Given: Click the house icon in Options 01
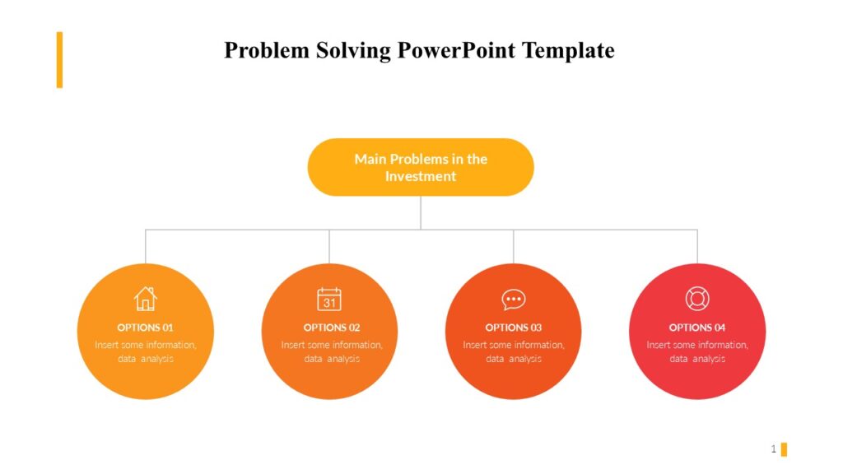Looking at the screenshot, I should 146,298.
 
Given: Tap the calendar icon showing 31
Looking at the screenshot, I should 329,299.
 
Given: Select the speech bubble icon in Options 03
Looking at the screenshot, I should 514,300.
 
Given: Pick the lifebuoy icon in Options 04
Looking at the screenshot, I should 697,299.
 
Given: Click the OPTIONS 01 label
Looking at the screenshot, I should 146,328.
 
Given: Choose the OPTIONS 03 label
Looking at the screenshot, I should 514,328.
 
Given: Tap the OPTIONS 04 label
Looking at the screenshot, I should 697,328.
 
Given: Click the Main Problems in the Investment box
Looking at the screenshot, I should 421,167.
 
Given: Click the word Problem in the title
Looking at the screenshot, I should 266,50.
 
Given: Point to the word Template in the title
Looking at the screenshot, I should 569,50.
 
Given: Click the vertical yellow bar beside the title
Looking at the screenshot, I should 59,59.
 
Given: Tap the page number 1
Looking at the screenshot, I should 774,448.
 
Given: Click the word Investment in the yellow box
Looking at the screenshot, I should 421,176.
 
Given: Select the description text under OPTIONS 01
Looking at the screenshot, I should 146,351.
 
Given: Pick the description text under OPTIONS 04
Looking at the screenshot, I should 697,351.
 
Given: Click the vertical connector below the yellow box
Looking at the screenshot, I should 421,212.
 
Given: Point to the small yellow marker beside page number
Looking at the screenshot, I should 784,449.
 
